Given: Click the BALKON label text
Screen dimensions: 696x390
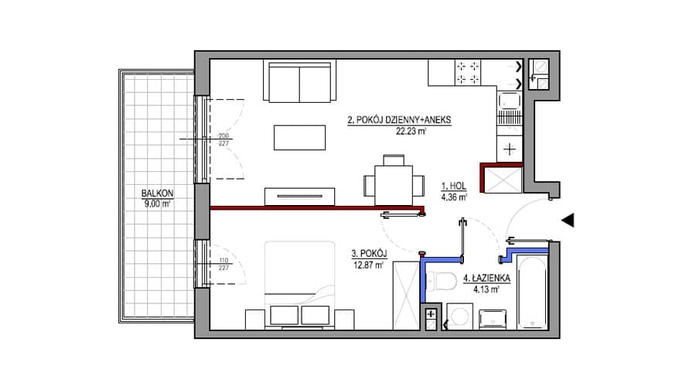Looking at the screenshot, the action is [157, 193].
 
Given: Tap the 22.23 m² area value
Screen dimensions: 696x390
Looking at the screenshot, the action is [411, 131].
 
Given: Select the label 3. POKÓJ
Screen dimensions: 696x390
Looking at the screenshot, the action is [370, 254].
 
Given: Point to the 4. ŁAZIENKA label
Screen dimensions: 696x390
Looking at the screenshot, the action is [486, 279].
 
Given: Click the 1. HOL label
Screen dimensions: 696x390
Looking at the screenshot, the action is [454, 186].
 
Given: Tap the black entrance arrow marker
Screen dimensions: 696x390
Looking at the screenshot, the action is [568, 220].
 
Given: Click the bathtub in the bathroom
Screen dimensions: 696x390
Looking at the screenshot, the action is [532, 292].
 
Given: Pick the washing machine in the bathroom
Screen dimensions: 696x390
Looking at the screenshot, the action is [460, 316].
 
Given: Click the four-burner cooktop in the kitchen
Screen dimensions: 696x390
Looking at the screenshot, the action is [468, 73].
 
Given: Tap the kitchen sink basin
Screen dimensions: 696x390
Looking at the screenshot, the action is [510, 101].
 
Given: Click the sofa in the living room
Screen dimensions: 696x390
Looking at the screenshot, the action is [299, 82].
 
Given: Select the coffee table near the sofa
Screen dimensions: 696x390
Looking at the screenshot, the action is [299, 138].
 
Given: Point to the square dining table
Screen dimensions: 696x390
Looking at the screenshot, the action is [394, 185].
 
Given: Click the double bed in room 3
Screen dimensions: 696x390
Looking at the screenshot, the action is [299, 286].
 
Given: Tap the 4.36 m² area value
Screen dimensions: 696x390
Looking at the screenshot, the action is [454, 197].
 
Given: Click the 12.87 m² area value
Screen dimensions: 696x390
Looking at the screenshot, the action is [368, 265].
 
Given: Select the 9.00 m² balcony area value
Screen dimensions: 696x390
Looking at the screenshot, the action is [157, 204].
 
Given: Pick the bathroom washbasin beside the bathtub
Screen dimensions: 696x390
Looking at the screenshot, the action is [493, 319].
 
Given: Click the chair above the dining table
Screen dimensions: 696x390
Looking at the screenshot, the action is [394, 160].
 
